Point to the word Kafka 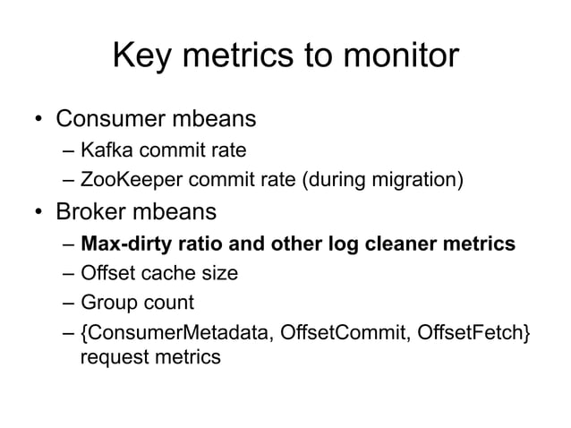coord(105,150)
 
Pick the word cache coord(164,274)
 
